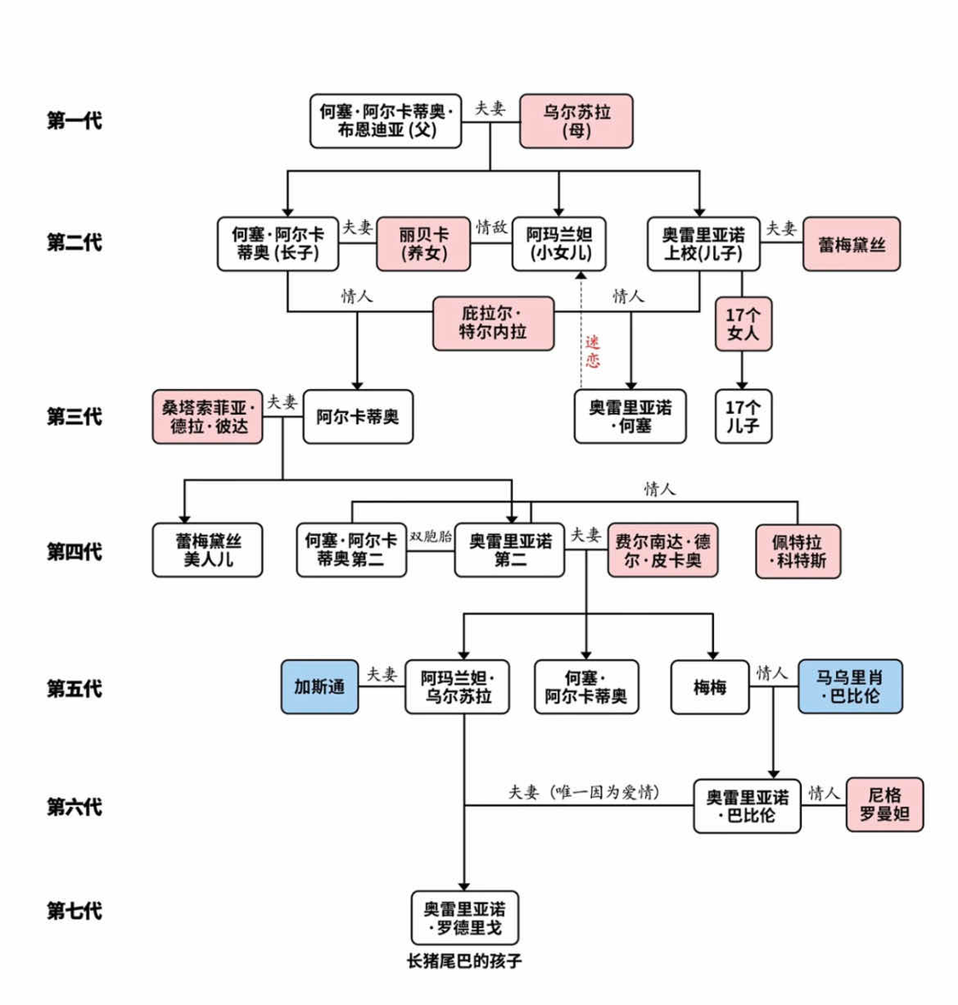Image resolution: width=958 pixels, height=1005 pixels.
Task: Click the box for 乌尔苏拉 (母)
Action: coord(577,121)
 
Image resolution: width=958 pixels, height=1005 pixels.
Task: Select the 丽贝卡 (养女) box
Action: coord(423,244)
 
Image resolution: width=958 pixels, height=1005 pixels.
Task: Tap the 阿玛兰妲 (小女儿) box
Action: coord(559,244)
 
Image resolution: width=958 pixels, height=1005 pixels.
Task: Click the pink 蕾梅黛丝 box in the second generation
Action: coord(851,245)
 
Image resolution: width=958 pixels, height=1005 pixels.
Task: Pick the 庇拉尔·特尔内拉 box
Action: coord(493,323)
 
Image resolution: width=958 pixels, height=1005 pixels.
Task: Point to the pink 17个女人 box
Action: coord(742,324)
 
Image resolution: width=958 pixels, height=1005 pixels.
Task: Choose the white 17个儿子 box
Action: coord(742,417)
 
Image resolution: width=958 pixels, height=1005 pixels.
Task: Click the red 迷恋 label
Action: coord(592,351)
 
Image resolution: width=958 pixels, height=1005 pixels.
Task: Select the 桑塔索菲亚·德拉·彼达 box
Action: coord(208,417)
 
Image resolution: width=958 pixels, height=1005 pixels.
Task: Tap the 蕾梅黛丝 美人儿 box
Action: coord(208,550)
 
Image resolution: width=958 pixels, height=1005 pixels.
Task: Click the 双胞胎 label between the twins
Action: coord(430,537)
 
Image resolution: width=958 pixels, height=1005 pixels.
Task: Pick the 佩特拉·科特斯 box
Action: coord(798,551)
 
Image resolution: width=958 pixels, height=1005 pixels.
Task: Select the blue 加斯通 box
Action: coord(320,687)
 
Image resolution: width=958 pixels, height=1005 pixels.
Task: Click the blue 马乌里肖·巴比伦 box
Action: coord(850,687)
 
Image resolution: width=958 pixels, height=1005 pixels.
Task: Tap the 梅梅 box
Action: coord(710,687)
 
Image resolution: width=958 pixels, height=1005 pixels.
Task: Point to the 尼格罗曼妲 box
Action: coord(885,805)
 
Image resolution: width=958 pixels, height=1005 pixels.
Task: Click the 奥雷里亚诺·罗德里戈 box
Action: coord(465,918)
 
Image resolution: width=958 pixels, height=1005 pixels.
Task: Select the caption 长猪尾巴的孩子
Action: coord(465,961)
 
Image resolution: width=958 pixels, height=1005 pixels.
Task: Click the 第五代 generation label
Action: coord(74,688)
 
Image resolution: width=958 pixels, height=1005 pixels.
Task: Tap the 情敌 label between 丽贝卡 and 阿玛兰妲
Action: coord(491,227)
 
